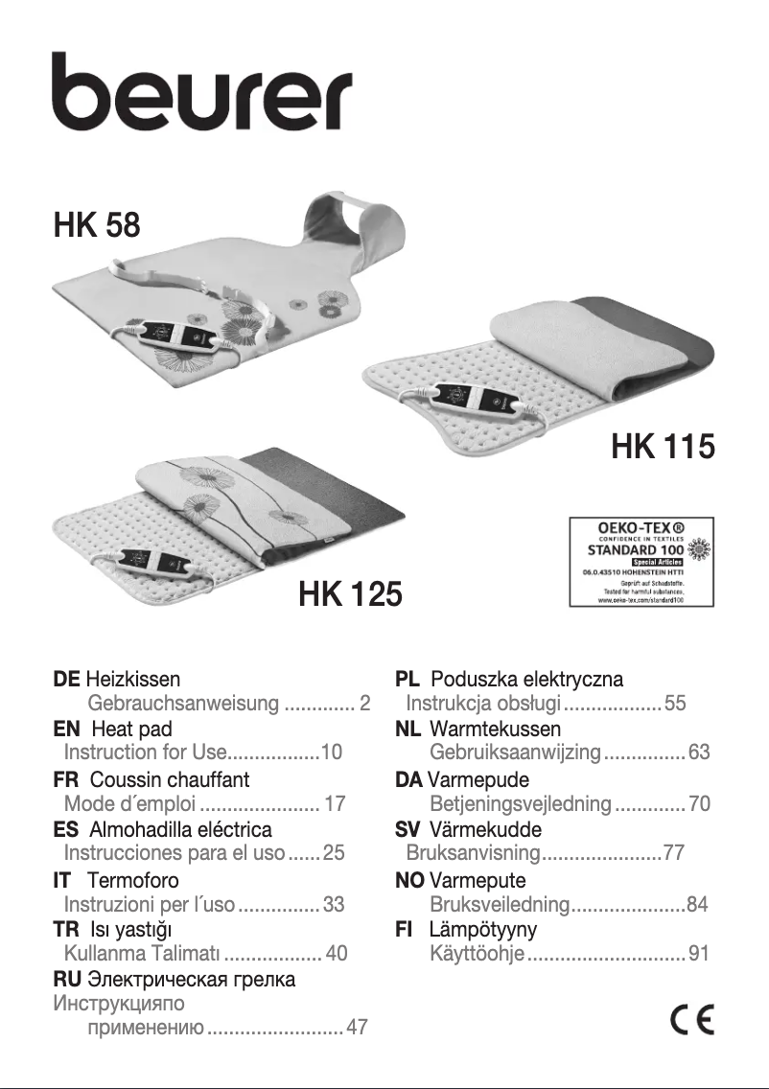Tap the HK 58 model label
coord(97,226)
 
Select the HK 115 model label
coord(663,447)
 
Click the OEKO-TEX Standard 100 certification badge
coord(641,562)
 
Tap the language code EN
coord(66,730)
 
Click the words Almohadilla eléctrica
coord(180,829)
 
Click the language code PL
coord(408,680)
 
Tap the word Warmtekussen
coord(495,730)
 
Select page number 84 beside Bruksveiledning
coord(698,904)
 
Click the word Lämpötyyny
coord(482,929)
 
